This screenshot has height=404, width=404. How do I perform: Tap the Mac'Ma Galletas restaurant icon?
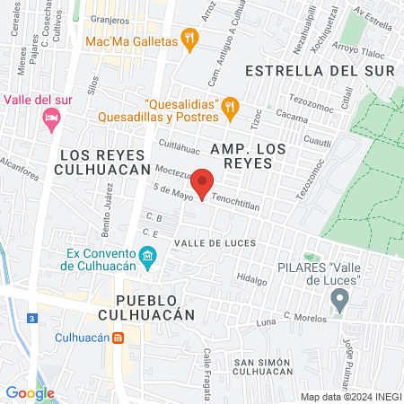(x=188, y=38)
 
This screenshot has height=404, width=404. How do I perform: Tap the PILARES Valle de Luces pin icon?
(x=338, y=300)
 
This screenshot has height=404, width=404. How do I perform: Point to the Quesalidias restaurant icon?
(x=230, y=108)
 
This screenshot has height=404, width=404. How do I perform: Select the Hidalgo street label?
(x=252, y=280)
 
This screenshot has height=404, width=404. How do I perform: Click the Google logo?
(x=30, y=392)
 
